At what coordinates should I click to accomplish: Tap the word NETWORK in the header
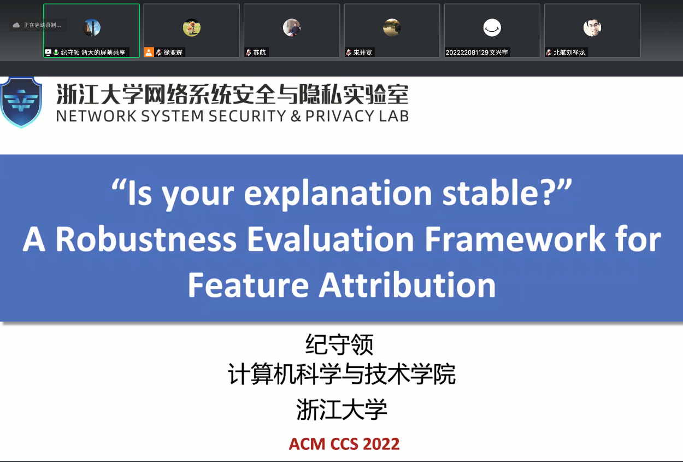click(91, 116)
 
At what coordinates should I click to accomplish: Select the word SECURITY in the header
click(246, 116)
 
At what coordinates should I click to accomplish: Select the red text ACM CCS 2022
click(344, 443)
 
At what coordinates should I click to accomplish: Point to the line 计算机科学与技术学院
click(341, 375)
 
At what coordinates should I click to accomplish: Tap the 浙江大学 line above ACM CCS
click(341, 410)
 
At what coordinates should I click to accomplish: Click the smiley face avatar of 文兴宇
click(492, 27)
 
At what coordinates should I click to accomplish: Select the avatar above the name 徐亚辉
click(192, 27)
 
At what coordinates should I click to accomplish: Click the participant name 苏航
click(260, 52)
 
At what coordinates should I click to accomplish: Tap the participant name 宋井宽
click(362, 52)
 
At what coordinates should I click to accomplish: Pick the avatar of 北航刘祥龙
click(592, 27)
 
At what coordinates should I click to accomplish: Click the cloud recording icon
click(16, 25)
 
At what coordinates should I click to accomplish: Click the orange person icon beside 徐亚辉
click(149, 52)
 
